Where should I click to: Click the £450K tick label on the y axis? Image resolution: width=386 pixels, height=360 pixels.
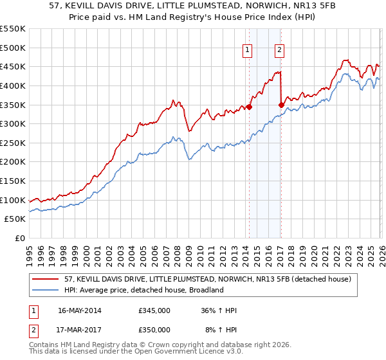click(x=13, y=66)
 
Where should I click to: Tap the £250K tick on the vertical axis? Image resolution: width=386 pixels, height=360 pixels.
click(x=13, y=143)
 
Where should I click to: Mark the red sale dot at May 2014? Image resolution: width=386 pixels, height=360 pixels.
click(x=249, y=107)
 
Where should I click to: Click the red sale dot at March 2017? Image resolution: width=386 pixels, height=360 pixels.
click(x=281, y=105)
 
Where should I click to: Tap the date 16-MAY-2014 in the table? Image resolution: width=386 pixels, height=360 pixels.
click(x=79, y=310)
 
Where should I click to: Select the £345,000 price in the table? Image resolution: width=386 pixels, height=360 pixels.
click(x=154, y=310)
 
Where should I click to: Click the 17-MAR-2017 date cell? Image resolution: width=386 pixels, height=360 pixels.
click(x=79, y=330)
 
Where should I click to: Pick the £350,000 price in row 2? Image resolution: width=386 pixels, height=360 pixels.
click(x=154, y=330)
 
